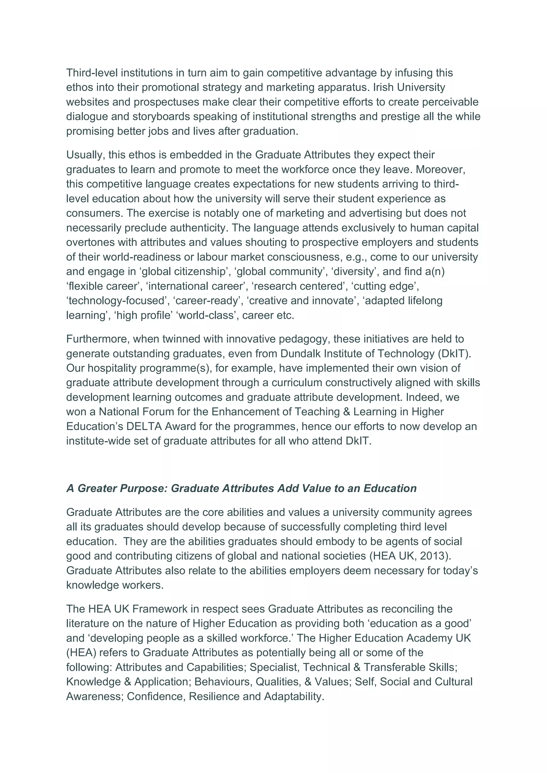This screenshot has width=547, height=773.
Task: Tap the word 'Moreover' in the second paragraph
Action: pos(440,169)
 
